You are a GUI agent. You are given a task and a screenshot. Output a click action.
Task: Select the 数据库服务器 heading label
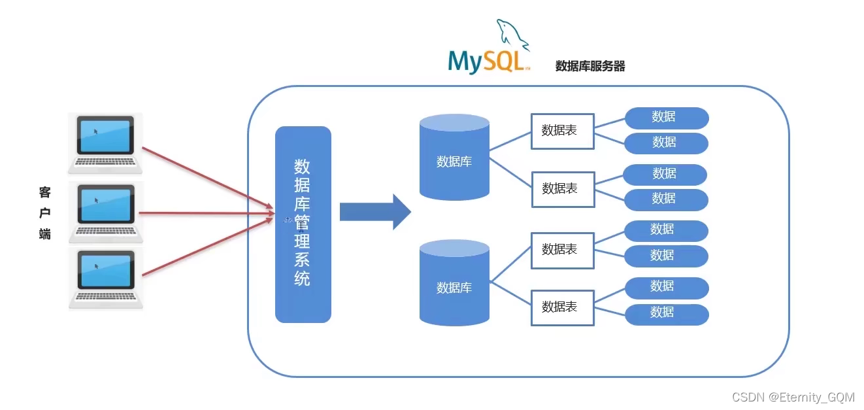pos(590,66)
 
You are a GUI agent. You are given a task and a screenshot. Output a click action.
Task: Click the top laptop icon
pos(105,143)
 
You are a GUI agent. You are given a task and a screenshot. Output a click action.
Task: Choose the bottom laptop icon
pos(105,278)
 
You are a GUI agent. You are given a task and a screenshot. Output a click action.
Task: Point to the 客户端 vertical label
pos(44,213)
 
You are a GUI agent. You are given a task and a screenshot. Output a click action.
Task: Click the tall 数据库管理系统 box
pos(303,224)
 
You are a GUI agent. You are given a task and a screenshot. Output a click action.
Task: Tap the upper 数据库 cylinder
pos(454,158)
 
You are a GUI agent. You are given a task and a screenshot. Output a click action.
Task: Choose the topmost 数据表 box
pos(562,131)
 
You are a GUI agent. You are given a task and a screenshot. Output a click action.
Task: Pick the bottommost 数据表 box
pos(562,307)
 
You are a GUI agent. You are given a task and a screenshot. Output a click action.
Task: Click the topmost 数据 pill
pos(666,118)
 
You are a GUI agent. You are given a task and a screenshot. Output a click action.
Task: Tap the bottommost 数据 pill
pos(666,314)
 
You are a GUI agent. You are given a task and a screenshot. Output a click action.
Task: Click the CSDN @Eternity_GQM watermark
pos(793,397)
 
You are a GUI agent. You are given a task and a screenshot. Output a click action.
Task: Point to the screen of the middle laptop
pos(105,203)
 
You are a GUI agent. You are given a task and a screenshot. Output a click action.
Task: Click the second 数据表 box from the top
pos(562,189)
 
